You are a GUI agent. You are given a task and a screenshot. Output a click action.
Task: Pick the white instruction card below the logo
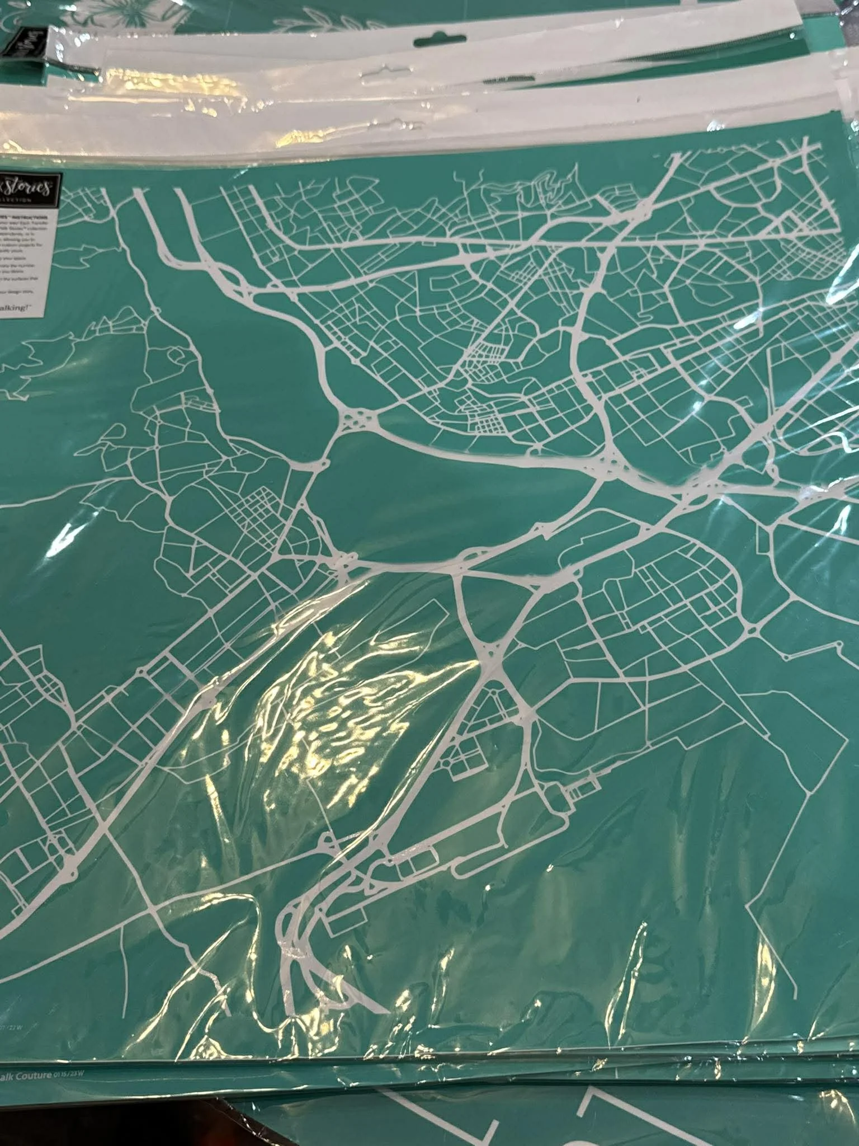pos(31,263)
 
